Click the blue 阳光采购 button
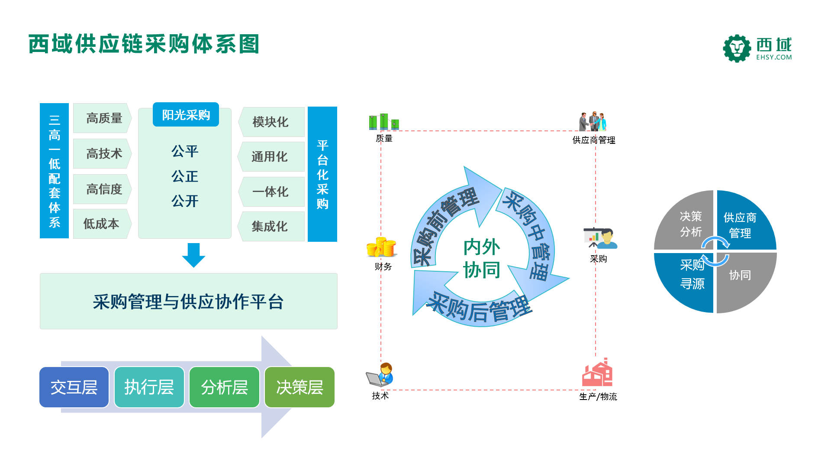[186, 115]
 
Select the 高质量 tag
[102, 118]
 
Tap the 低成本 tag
[102, 224]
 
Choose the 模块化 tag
[271, 122]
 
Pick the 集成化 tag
[271, 226]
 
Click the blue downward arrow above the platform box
[193, 255]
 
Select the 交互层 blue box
[74, 387]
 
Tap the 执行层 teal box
[149, 387]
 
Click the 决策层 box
[300, 387]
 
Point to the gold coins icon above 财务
[381, 247]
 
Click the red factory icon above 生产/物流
[597, 372]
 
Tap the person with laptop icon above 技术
[380, 375]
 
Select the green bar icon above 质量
[384, 122]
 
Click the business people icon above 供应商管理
[593, 121]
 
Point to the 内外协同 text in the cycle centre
[482, 259]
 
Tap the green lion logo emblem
[737, 49]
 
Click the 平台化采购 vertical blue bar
[322, 174]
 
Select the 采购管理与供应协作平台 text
[188, 302]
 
